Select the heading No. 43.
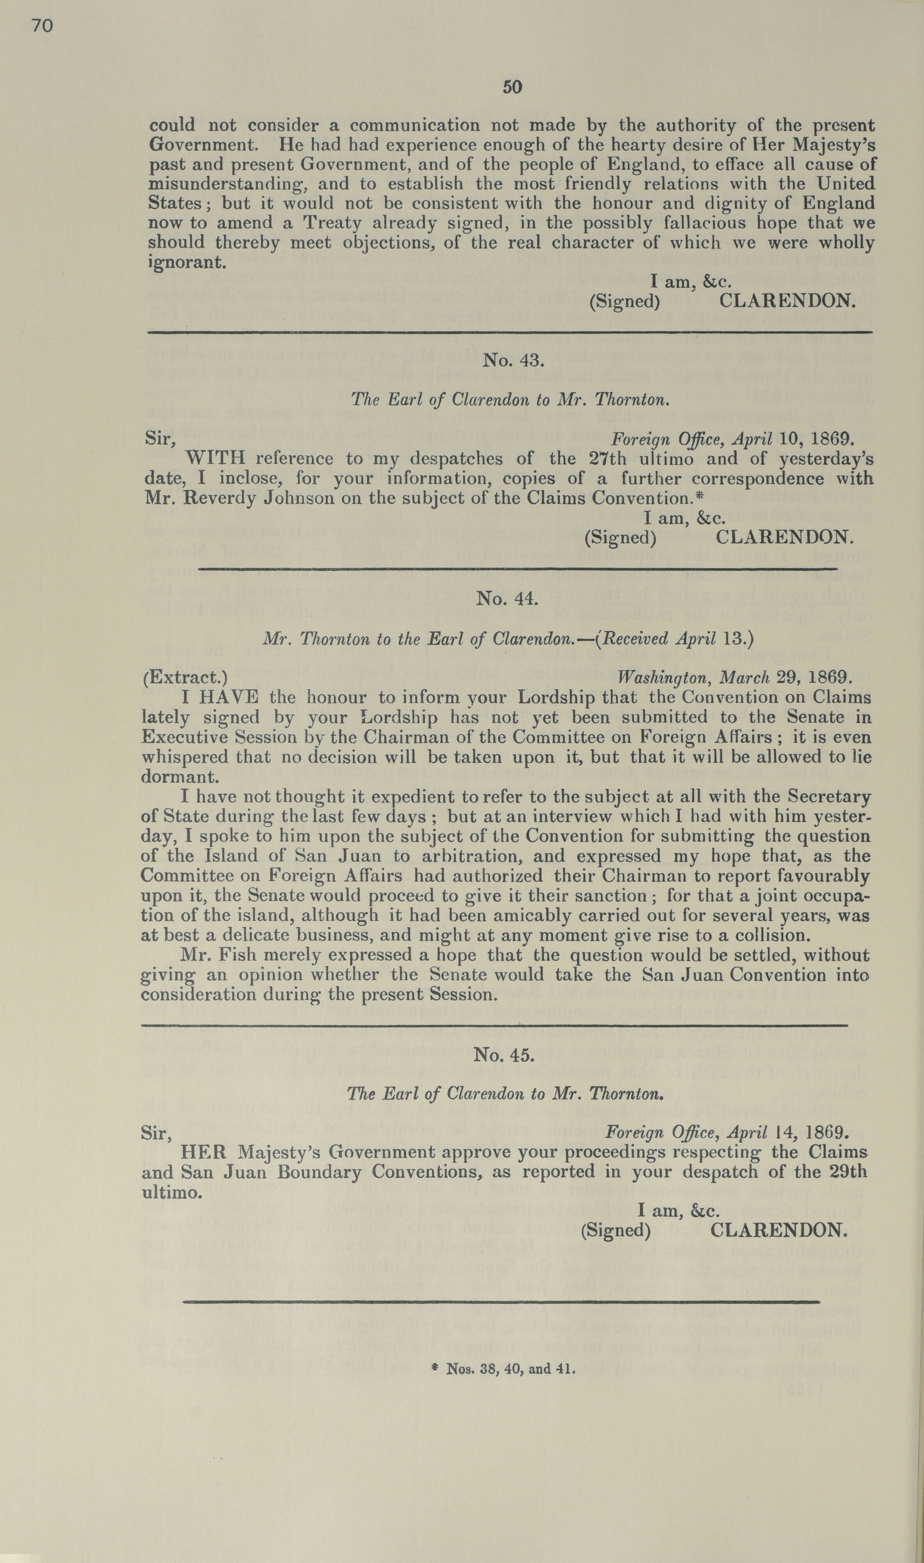514,360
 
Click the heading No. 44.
506,598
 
